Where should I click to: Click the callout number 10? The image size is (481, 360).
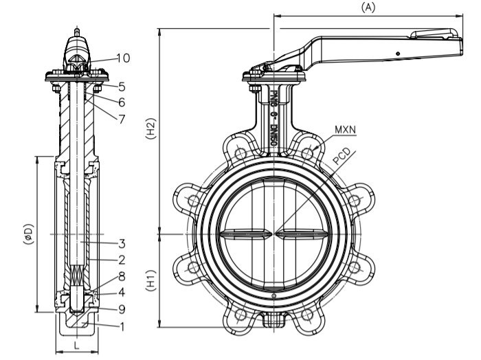point(122,58)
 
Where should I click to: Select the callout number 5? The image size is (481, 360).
point(121,87)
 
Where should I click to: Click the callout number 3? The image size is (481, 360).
point(121,243)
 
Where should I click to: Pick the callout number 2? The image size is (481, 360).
point(121,260)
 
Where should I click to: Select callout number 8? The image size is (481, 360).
point(121,276)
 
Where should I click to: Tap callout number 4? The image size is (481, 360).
point(121,293)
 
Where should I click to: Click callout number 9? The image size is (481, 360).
point(121,309)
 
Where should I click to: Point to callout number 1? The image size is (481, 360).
point(121,326)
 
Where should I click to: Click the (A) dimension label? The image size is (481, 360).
point(368,6)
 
